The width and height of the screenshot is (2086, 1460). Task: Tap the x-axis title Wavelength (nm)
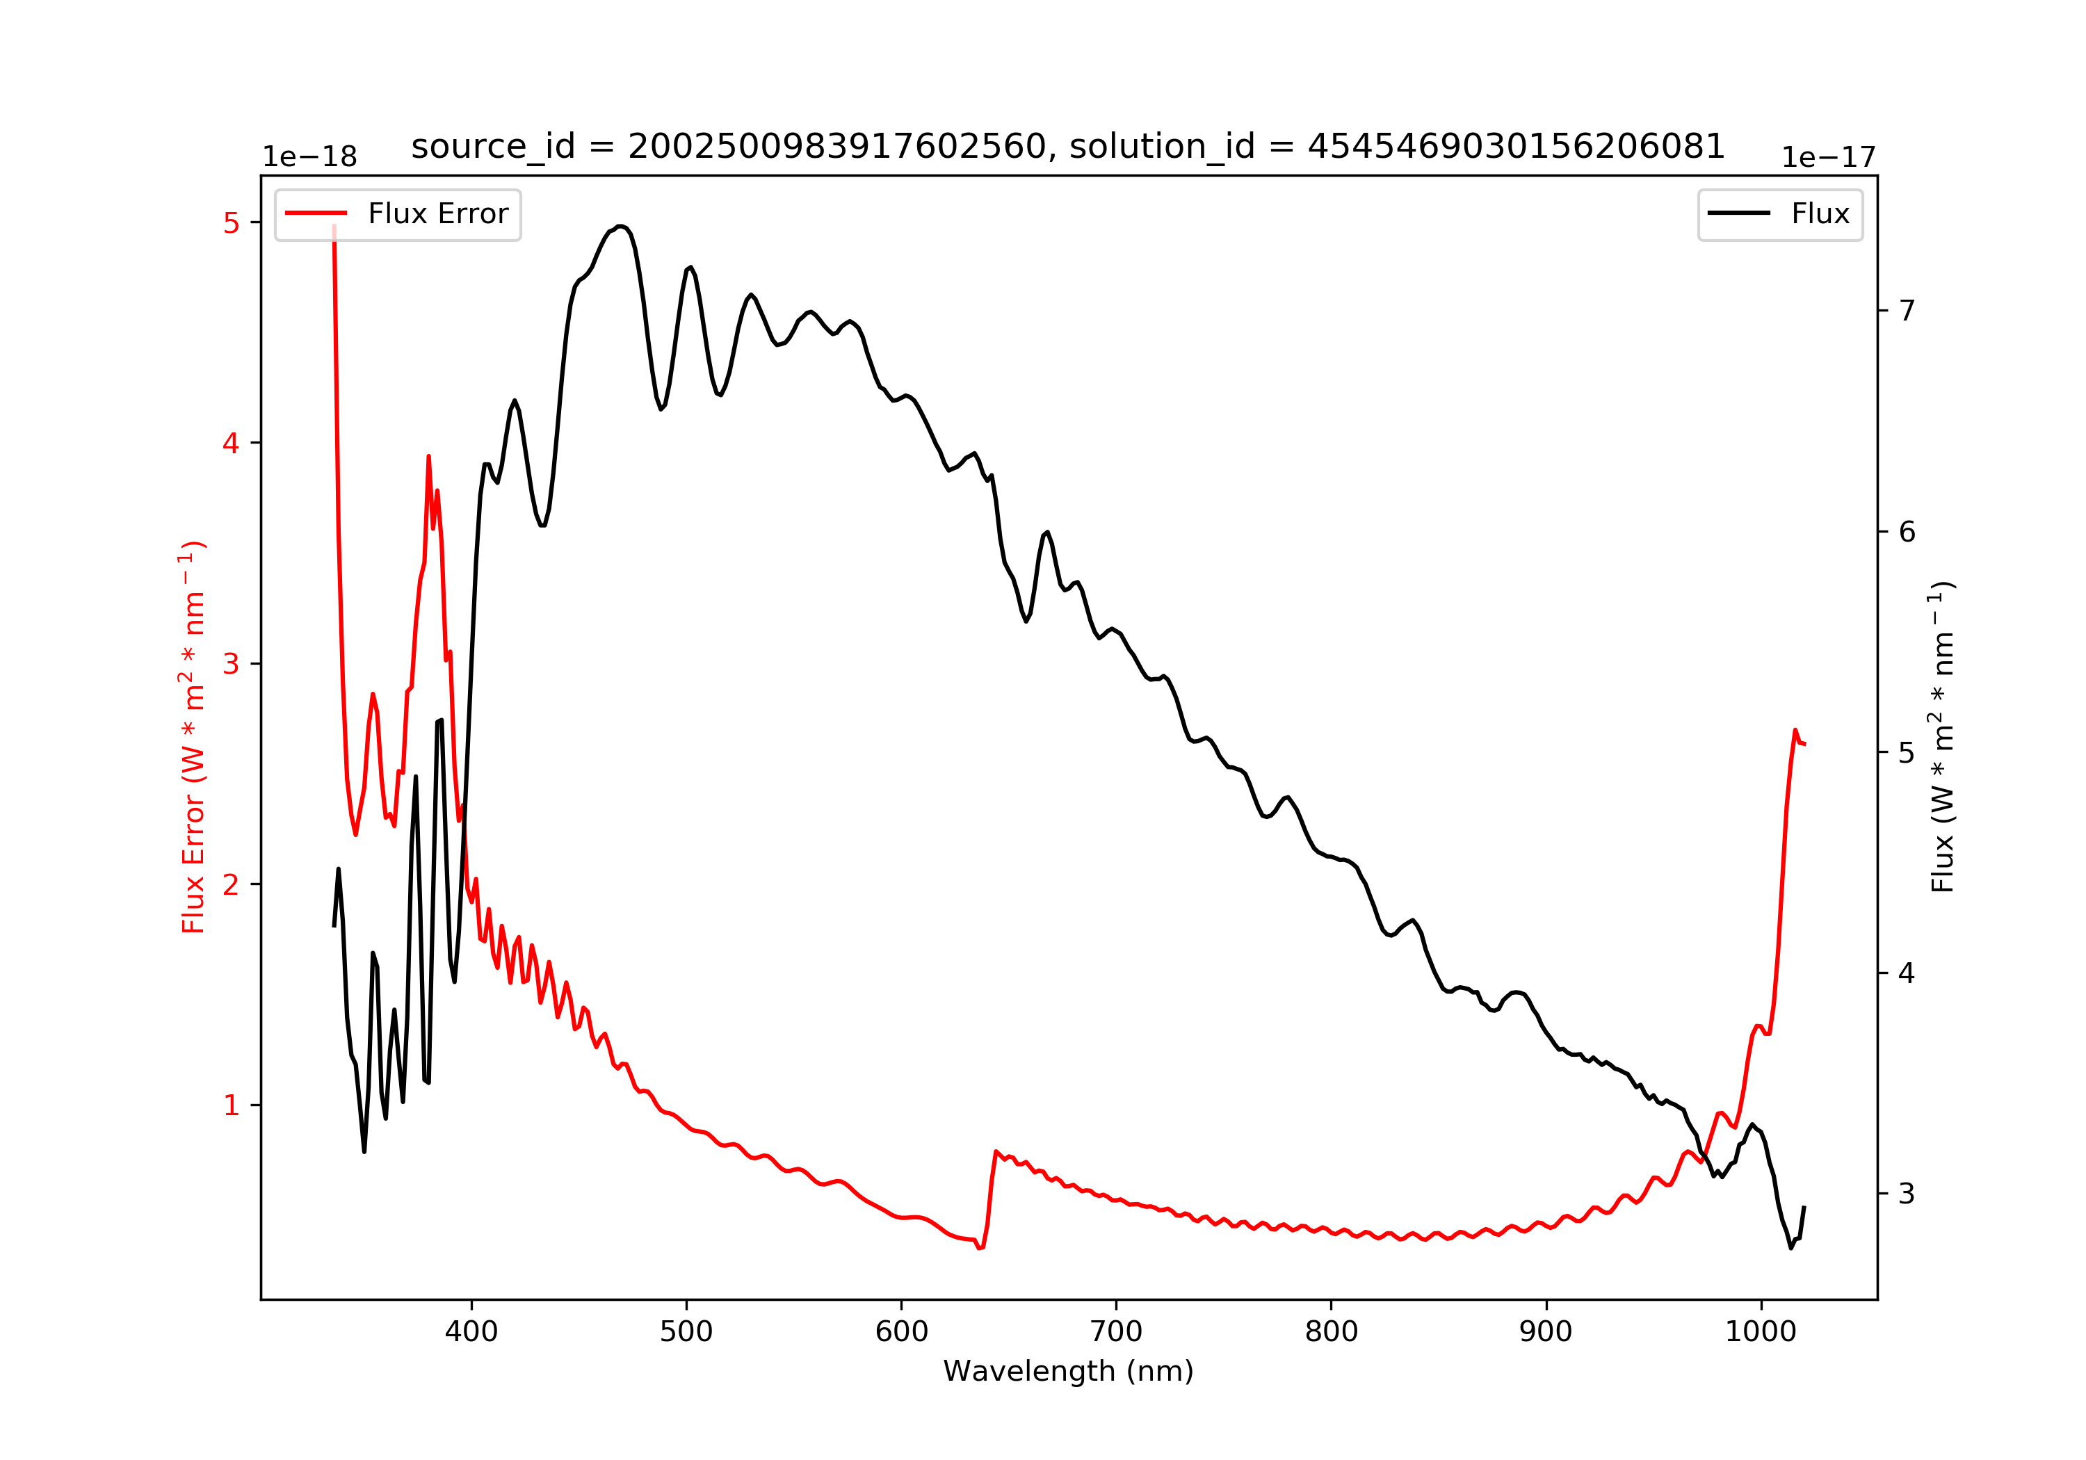coord(1069,1371)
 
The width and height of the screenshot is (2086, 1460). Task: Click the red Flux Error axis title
coord(193,737)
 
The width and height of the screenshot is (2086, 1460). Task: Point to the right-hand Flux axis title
coord(1943,737)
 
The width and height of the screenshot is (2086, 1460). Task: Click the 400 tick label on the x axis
coord(471,1332)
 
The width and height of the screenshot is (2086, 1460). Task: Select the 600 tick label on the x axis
coord(901,1332)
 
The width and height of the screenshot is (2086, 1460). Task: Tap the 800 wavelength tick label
coord(1331,1332)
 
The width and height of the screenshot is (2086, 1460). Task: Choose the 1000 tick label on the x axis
coord(1761,1332)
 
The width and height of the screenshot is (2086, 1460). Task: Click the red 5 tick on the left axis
coord(231,222)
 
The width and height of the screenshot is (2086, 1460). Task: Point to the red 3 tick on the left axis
coord(231,664)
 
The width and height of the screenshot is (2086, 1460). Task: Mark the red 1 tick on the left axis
coord(231,1105)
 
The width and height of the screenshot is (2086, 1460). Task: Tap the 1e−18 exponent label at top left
coord(310,157)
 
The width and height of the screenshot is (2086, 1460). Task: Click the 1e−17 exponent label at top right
coord(1828,158)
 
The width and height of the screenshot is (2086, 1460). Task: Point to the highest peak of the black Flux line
coord(620,225)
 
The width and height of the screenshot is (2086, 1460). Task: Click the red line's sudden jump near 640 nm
coord(992,1181)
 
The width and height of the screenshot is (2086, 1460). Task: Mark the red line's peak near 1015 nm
coord(1795,729)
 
